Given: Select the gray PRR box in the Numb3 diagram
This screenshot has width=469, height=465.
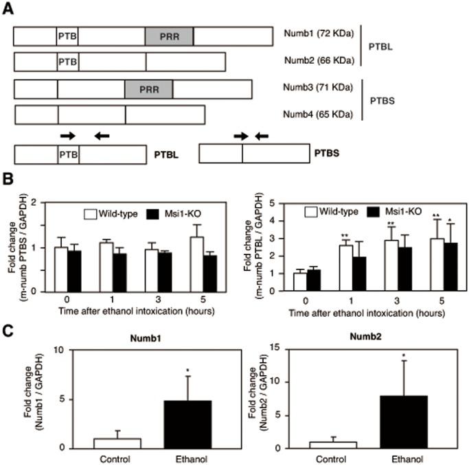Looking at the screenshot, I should [x=148, y=89].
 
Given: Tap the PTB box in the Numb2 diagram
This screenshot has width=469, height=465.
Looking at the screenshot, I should [x=67, y=62].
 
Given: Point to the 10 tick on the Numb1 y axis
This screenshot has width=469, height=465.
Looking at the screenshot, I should [x=65, y=350].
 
